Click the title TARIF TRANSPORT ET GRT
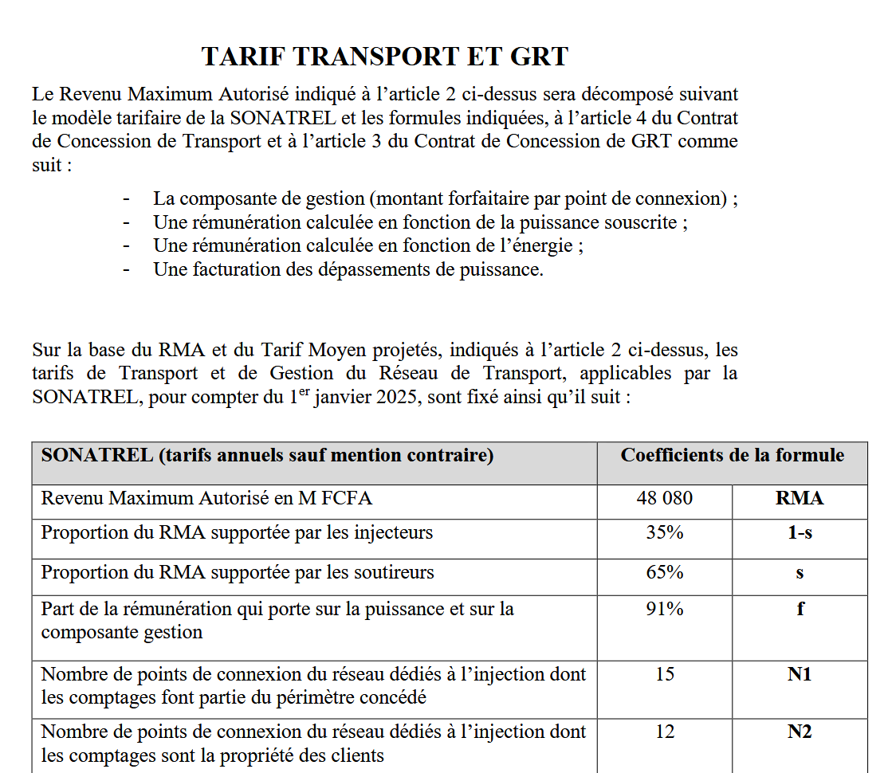pyautogui.click(x=385, y=57)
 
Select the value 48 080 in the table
pyautogui.click(x=664, y=498)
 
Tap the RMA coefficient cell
pyautogui.click(x=800, y=499)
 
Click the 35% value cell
pyautogui.click(x=664, y=533)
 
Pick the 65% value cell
pyautogui.click(x=664, y=573)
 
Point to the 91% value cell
pyautogui.click(x=664, y=610)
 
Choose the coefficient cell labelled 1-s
pyautogui.click(x=800, y=533)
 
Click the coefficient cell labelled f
pyautogui.click(x=800, y=610)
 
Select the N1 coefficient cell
pyautogui.click(x=800, y=674)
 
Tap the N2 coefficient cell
pyautogui.click(x=800, y=732)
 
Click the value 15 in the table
pyautogui.click(x=664, y=674)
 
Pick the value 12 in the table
pyautogui.click(x=664, y=732)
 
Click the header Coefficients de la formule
pyautogui.click(x=732, y=455)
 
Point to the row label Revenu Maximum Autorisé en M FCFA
pyautogui.click(x=206, y=499)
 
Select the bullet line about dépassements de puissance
pyautogui.click(x=348, y=269)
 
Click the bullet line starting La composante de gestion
pyautogui.click(x=445, y=198)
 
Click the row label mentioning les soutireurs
pyautogui.click(x=238, y=573)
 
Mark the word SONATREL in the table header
pyautogui.click(x=96, y=456)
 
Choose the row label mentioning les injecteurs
pyautogui.click(x=237, y=533)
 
